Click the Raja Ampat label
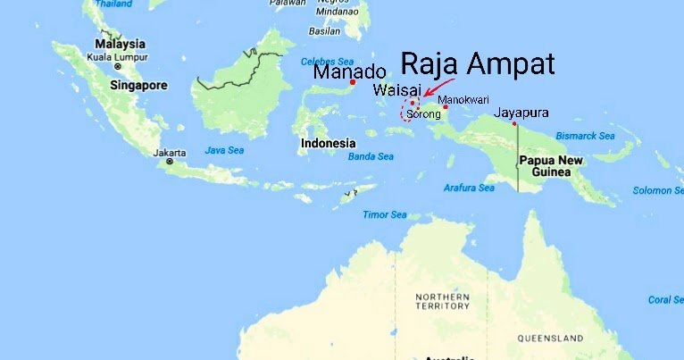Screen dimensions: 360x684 pos(478,64)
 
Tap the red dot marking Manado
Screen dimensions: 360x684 pos(353,83)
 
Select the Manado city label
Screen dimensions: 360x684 pos(349,72)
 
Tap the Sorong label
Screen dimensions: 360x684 pos(423,114)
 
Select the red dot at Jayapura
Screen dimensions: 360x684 pos(515,123)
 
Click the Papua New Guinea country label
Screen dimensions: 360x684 pos(551,166)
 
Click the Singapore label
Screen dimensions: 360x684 pos(138,86)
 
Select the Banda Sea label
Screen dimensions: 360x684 pos(371,157)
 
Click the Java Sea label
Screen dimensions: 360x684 pos(223,150)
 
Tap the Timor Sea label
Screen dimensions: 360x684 pos(385,215)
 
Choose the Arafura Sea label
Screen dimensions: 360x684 pos(469,188)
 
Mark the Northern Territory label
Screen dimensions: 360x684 pos(442,301)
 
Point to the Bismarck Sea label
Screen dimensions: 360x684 pos(586,136)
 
